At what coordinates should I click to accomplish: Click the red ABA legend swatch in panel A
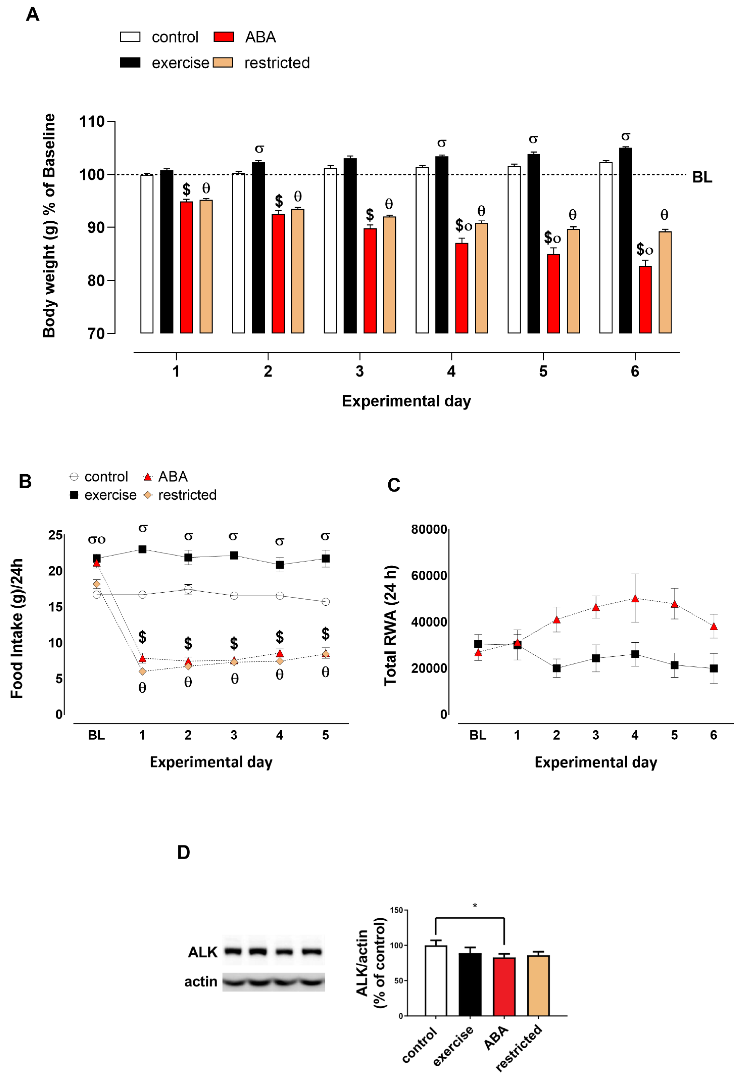(224, 37)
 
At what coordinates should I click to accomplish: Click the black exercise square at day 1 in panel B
(142, 549)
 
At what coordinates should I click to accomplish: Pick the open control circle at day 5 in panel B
(326, 602)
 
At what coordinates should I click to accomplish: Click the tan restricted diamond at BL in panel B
(97, 584)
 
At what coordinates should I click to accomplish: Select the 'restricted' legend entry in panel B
(187, 495)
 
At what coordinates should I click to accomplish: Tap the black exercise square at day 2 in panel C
(556, 668)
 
